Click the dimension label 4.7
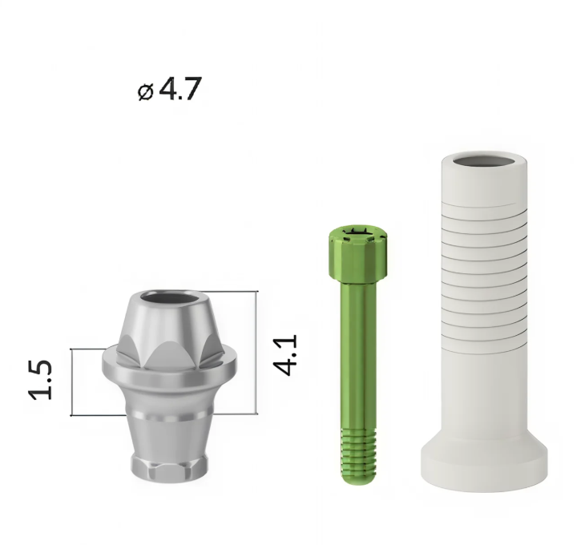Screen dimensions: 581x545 [x=180, y=88]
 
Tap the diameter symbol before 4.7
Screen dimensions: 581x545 [x=145, y=92]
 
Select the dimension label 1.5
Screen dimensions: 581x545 [x=40, y=380]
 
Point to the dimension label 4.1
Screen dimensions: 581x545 [x=285, y=355]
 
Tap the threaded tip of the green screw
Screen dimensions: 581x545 [x=358, y=456]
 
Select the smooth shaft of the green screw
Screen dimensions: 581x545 [x=358, y=354]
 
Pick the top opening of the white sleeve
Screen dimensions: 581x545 [x=484, y=161]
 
